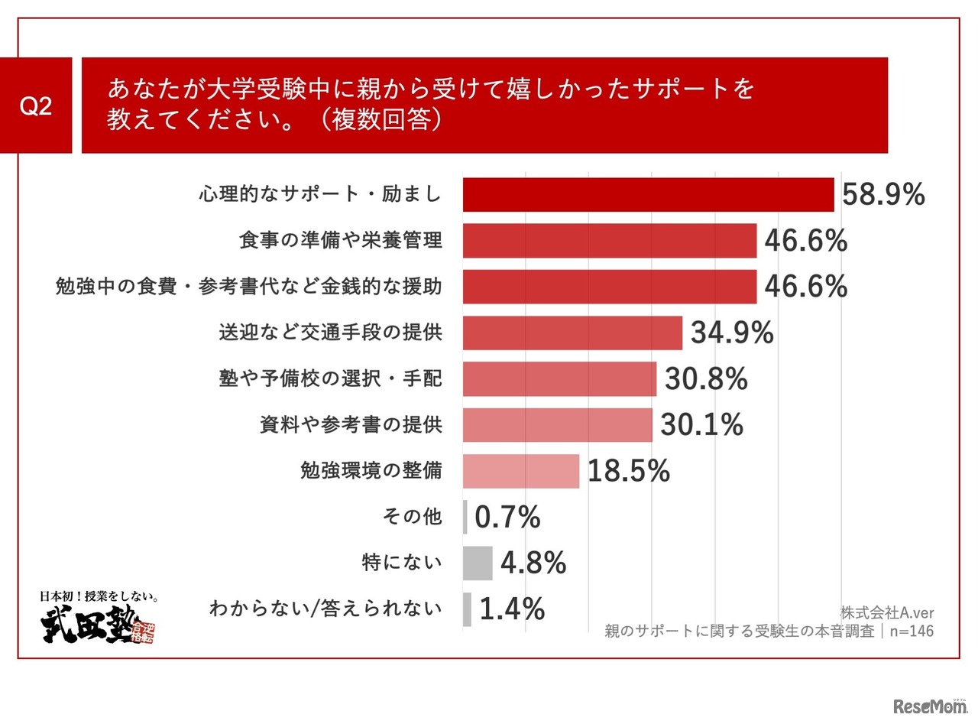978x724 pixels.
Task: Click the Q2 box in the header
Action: click(36, 106)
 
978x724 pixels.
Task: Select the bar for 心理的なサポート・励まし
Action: click(648, 195)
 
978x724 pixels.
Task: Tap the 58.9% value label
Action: click(883, 195)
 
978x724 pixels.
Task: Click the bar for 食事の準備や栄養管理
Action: click(609, 241)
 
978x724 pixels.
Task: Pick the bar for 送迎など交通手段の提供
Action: click(572, 333)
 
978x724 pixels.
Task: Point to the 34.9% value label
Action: click(732, 333)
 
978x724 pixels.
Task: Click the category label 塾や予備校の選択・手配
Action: click(331, 378)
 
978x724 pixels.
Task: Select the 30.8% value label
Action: click(706, 378)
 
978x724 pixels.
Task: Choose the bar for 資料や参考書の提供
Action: click(558, 425)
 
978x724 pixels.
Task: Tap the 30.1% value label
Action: click(701, 425)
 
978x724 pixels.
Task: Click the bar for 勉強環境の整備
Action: click(521, 471)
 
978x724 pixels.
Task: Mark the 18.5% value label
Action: click(628, 472)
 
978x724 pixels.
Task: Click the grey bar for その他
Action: click(465, 517)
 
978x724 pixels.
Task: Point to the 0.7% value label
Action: click(507, 518)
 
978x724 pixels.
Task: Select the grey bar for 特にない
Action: click(478, 563)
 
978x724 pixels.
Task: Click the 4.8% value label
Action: click(533, 563)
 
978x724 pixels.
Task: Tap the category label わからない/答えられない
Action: click(325, 609)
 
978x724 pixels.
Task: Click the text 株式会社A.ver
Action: click(886, 613)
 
